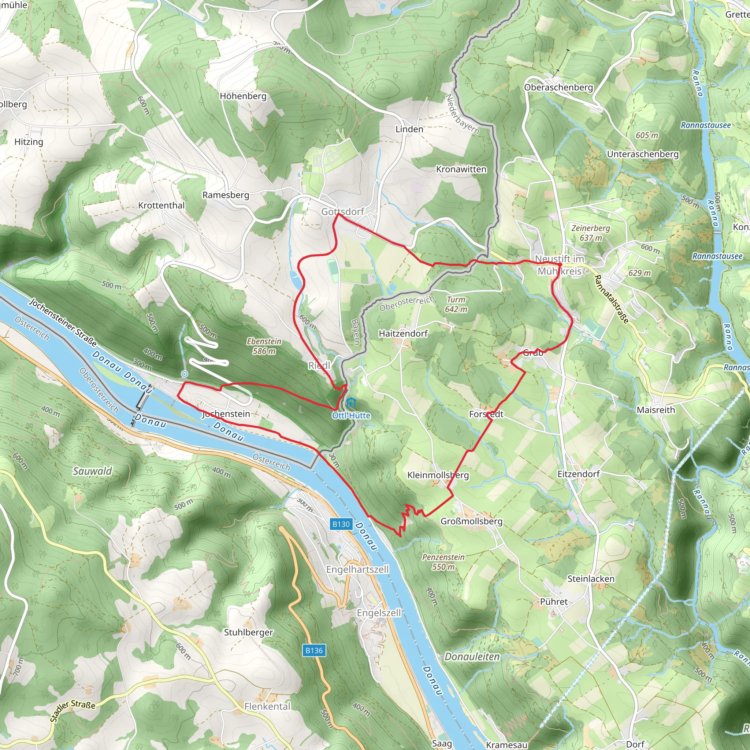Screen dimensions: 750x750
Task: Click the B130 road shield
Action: point(341,524)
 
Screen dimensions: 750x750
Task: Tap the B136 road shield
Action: point(314,650)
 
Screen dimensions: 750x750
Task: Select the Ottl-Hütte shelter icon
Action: point(351,403)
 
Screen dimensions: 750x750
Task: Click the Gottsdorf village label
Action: point(342,212)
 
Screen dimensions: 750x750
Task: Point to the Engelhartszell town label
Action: point(357,569)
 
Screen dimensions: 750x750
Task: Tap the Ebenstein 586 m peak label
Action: point(264,346)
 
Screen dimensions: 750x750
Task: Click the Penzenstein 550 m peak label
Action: point(443,562)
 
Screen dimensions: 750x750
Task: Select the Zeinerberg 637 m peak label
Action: point(590,233)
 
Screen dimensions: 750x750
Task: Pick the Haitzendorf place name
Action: point(403,334)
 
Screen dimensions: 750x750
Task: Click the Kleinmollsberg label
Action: point(438,475)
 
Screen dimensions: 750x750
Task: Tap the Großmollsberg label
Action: point(471,521)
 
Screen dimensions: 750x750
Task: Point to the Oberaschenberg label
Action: point(558,88)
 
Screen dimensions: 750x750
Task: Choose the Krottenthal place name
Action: point(161,205)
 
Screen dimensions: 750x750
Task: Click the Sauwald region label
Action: point(92,471)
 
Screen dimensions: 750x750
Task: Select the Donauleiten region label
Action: point(472,657)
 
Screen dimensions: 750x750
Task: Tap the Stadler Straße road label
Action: point(73,711)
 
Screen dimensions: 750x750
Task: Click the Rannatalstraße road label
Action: point(611,299)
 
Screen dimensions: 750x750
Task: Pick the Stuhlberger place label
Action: point(248,632)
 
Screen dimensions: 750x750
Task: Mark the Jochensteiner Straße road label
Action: point(63,322)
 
